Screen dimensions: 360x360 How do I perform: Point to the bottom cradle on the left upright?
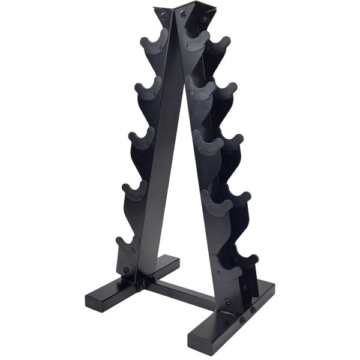click(x=128, y=245)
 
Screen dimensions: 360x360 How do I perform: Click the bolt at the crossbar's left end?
click(x=140, y=287)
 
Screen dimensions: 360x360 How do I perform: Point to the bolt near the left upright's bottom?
click(x=126, y=270)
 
